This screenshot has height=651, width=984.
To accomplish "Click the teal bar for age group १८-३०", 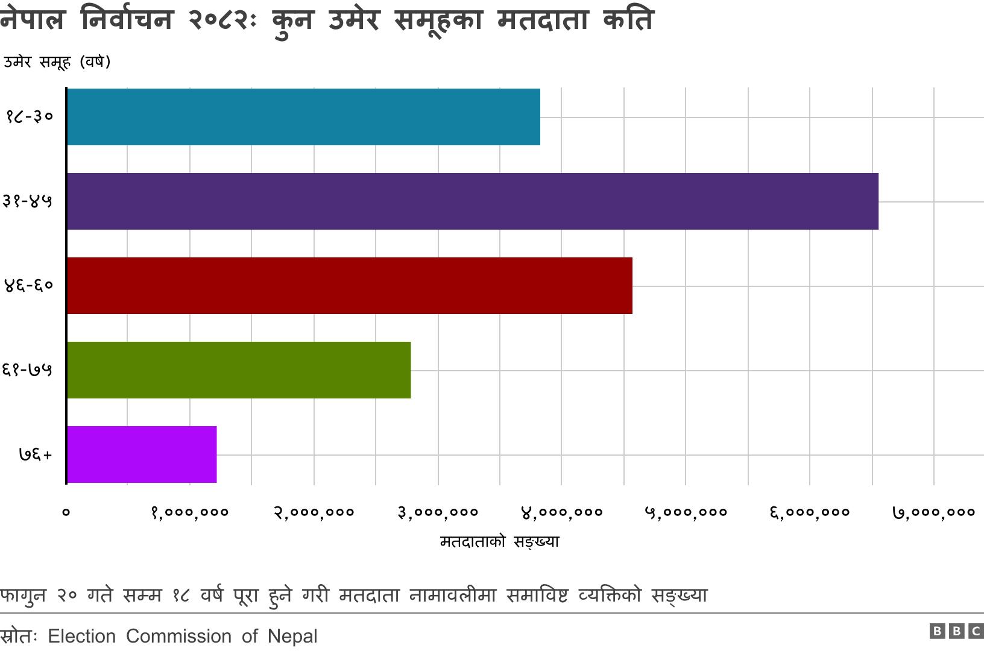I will click(303, 117).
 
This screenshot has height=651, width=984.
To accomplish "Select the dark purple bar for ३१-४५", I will click(472, 201).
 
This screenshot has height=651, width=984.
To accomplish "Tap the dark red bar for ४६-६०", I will click(349, 286).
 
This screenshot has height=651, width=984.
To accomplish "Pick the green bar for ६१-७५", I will click(239, 370).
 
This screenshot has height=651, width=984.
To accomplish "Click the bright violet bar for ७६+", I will click(142, 454).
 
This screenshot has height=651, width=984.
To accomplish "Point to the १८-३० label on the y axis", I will click(30, 116).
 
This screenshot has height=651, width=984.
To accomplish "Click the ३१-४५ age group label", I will click(27, 201).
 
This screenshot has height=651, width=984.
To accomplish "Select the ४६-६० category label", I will click(28, 285).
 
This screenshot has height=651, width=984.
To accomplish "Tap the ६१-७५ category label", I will click(27, 370).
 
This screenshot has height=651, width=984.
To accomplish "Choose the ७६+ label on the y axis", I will click(36, 454).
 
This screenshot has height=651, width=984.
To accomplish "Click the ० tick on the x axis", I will click(66, 512).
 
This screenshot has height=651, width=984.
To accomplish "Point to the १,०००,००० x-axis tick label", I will click(190, 512).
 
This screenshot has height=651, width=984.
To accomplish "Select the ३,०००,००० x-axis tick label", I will click(438, 512).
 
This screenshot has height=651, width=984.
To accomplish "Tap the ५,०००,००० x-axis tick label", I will click(686, 512).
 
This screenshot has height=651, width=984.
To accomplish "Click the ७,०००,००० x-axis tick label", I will click(934, 512).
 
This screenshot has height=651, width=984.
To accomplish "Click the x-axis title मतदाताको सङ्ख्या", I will click(499, 541).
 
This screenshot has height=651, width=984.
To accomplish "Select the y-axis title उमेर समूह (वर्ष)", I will click(57, 61).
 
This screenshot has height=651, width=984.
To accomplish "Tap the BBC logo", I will click(956, 631).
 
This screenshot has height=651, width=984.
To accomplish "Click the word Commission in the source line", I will click(178, 636).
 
